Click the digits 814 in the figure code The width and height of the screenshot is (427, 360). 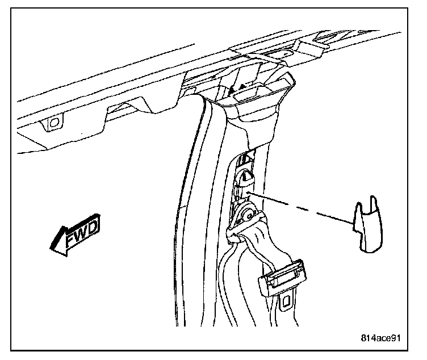368,338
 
